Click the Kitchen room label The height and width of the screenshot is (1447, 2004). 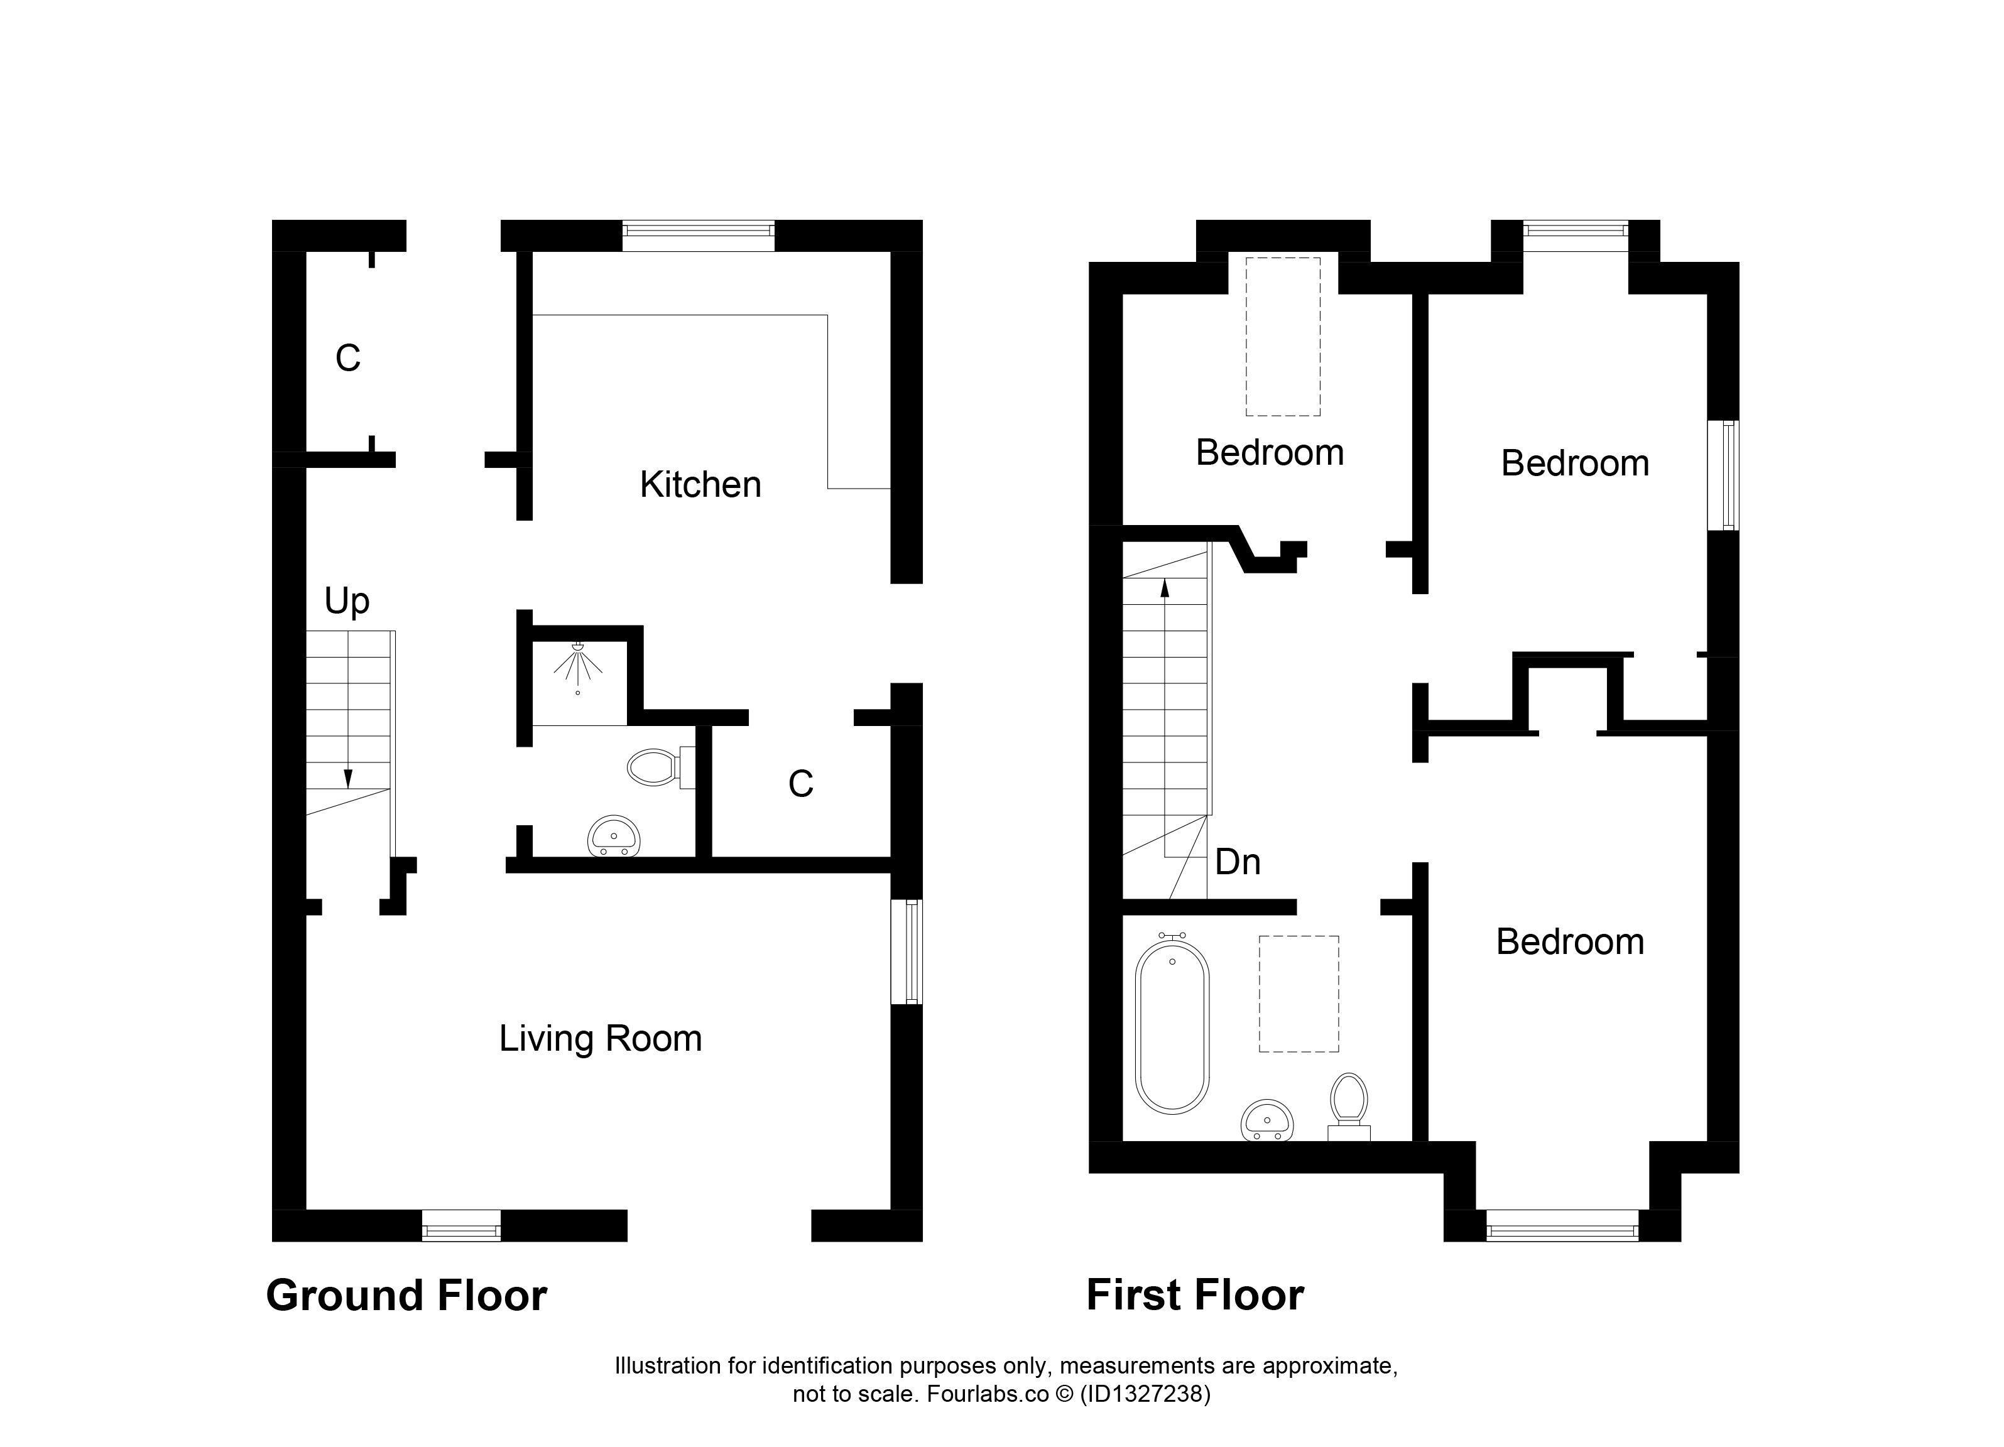point(700,485)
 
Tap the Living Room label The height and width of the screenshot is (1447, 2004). point(600,1039)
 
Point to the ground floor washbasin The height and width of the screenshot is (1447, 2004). point(613,836)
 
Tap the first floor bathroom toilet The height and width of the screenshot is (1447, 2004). point(1348,1106)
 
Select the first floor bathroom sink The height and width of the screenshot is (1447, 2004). point(1267,1121)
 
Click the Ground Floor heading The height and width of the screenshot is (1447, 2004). point(406,1296)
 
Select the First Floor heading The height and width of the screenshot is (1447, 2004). point(1195,1296)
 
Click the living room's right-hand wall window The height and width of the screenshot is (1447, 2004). point(907,951)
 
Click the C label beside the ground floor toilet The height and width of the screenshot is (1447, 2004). point(800,784)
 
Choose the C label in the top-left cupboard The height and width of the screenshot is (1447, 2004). point(348,359)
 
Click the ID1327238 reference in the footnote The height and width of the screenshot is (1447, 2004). point(1145,1394)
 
